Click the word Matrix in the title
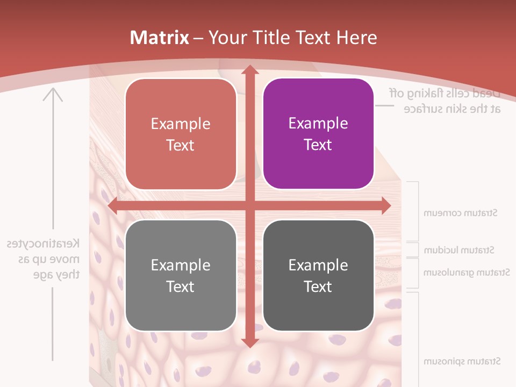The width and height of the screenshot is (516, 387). [x=160, y=38]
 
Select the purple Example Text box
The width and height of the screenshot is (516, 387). [x=318, y=134]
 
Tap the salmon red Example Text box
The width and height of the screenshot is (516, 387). [x=181, y=134]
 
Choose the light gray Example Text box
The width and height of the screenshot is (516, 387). [x=181, y=275]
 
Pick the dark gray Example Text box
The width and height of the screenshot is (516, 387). [x=318, y=275]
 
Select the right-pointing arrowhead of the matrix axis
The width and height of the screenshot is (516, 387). [x=385, y=206]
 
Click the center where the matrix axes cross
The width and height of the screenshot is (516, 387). [x=249, y=206]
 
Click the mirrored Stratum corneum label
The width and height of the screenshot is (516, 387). [x=460, y=213]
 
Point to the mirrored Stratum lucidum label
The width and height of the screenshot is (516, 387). [x=459, y=250]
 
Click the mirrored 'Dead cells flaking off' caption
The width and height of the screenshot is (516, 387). [x=445, y=101]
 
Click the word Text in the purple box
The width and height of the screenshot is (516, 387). [x=318, y=145]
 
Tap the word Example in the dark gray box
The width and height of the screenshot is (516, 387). [x=318, y=265]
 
